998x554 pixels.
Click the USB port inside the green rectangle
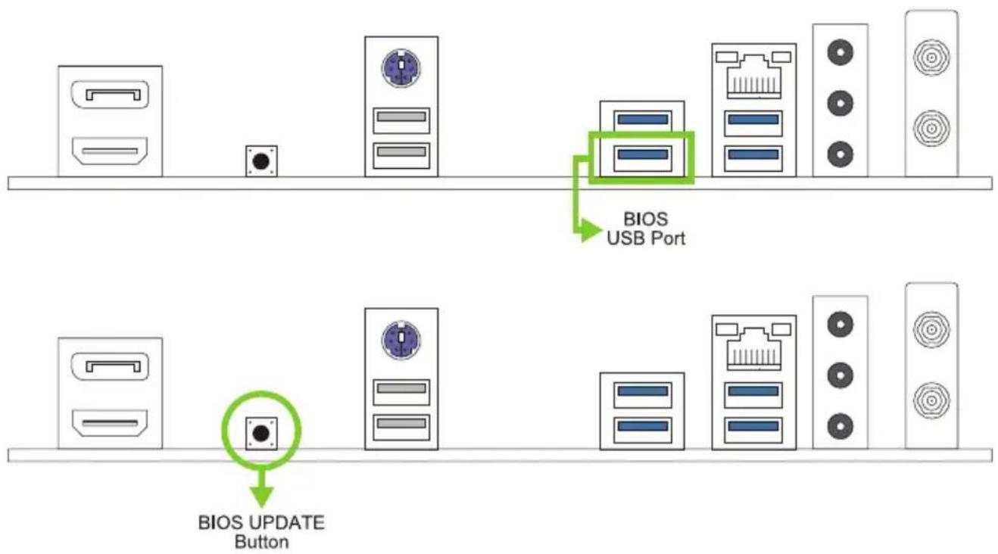click(x=642, y=158)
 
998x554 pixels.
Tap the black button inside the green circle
click(x=261, y=432)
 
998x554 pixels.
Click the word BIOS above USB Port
click(x=645, y=219)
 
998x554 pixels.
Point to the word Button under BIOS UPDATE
click(x=261, y=543)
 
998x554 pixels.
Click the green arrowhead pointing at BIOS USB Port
click(x=591, y=231)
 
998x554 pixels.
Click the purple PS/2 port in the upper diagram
click(x=401, y=68)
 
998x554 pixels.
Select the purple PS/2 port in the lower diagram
click(x=401, y=341)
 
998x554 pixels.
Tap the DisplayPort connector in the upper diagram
click(x=110, y=95)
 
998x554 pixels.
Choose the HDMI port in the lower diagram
click(x=110, y=423)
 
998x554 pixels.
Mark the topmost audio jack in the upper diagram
click(x=840, y=52)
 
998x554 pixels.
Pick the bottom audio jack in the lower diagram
click(x=840, y=426)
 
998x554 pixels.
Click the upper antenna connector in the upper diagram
click(x=931, y=57)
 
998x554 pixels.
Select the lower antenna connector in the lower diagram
click(x=931, y=400)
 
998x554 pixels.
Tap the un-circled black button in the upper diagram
click(x=261, y=160)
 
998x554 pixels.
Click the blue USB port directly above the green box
click(x=642, y=120)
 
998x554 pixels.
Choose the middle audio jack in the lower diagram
click(x=840, y=375)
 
